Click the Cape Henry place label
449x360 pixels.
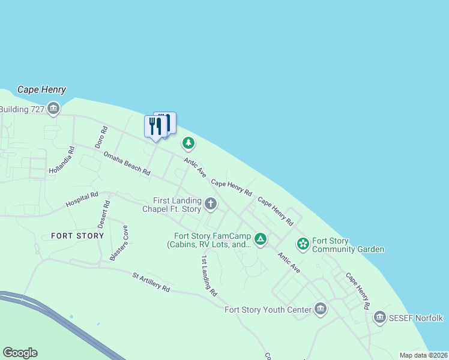[41, 89]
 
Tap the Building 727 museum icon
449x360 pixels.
[53, 109]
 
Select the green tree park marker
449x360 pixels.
[188, 143]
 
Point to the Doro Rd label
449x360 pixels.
[100, 137]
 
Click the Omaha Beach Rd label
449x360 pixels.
[126, 163]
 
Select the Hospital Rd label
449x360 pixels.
[82, 200]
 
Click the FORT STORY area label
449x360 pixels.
[77, 236]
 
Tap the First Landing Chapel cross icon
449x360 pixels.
[210, 204]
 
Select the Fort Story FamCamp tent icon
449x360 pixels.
[260, 240]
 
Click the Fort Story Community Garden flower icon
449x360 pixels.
[303, 244]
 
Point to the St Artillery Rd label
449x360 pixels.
[151, 282]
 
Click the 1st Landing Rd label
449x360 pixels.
[208, 276]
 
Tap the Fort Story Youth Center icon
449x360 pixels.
[321, 310]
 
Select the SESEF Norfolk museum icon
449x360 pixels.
[379, 317]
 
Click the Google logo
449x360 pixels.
[20, 353]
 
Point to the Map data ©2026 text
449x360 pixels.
[423, 355]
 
